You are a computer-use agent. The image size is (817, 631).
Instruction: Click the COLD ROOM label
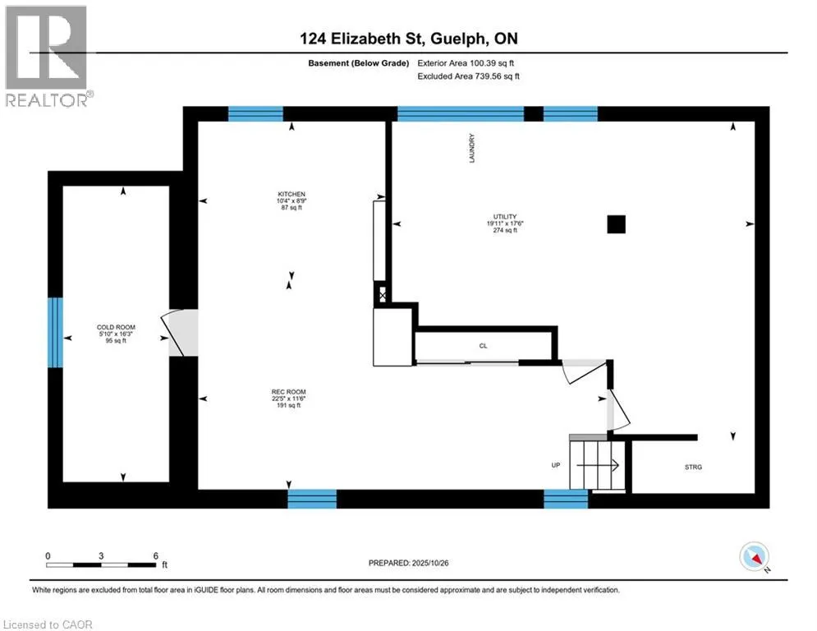click(x=116, y=328)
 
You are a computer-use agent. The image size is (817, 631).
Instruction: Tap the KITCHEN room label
click(x=291, y=194)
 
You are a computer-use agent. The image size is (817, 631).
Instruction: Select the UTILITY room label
click(x=505, y=216)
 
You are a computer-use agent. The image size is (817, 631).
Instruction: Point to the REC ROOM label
click(x=289, y=392)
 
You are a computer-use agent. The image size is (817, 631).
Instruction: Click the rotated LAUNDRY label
click(x=472, y=148)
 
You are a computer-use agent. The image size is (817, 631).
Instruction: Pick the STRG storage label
click(x=693, y=467)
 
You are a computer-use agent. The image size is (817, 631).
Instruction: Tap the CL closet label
click(x=483, y=346)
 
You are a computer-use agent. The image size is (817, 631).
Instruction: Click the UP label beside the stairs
click(x=555, y=465)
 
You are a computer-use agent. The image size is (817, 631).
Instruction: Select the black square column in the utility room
click(x=616, y=224)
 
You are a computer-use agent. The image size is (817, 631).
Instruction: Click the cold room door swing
click(x=172, y=334)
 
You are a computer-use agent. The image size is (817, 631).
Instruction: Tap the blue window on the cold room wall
click(x=55, y=332)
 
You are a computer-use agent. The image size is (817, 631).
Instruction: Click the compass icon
click(x=754, y=556)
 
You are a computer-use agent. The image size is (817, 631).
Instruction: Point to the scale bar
click(x=101, y=564)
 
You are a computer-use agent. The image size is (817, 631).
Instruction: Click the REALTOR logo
click(x=47, y=56)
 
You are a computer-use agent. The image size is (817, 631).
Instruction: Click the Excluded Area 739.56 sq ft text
click(x=468, y=76)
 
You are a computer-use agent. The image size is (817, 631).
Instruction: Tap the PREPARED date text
click(x=409, y=563)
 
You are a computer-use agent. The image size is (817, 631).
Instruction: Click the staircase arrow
click(x=598, y=465)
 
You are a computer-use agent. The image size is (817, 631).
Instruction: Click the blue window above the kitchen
click(x=255, y=113)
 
